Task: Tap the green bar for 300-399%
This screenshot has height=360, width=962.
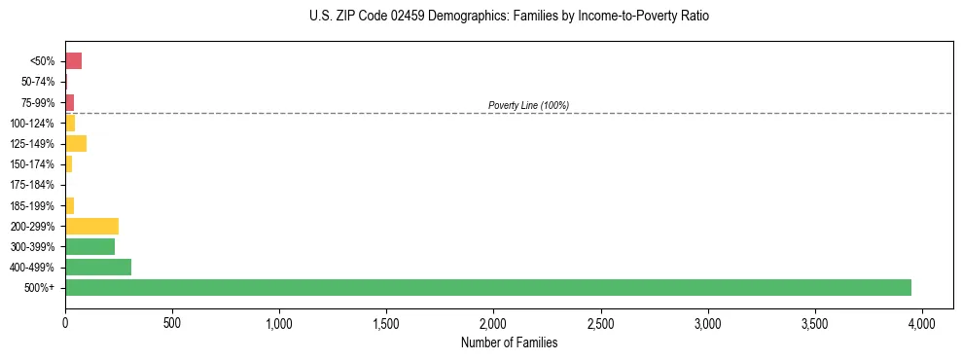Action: pos(89,246)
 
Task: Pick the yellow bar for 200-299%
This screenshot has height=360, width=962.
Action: pos(91,226)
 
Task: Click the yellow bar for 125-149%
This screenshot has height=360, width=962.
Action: pos(76,143)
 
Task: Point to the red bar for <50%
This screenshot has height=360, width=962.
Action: pos(73,60)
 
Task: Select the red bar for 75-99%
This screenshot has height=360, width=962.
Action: pos(69,102)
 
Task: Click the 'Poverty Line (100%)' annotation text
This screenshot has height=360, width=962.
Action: pos(528,105)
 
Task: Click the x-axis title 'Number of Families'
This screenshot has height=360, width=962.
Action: pos(510,342)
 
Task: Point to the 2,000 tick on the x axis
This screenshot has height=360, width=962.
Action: pos(494,322)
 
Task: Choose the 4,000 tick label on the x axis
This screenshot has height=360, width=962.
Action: pos(922,322)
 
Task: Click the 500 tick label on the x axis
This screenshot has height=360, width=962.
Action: pos(172,322)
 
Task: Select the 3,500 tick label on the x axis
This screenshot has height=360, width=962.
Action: pos(815,322)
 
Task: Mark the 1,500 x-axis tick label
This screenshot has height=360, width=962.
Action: pos(386,322)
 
